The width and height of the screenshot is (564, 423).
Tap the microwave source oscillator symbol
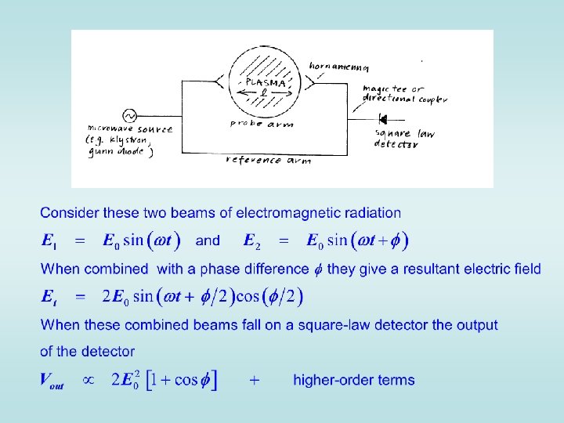pyautogui.click(x=125, y=115)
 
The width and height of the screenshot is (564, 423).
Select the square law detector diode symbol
pyautogui.click(x=383, y=119)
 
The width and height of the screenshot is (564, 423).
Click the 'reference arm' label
pyautogui.click(x=268, y=160)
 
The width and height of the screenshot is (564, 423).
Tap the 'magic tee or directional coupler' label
pyautogui.click(x=403, y=95)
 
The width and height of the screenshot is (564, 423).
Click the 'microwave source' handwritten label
pyautogui.click(x=130, y=128)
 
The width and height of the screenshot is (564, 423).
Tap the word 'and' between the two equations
pyautogui.click(x=208, y=240)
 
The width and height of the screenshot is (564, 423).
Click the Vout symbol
pyautogui.click(x=52, y=381)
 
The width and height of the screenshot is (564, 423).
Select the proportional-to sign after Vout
pyautogui.click(x=89, y=380)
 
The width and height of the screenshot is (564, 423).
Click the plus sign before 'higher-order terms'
pyautogui.click(x=255, y=381)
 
